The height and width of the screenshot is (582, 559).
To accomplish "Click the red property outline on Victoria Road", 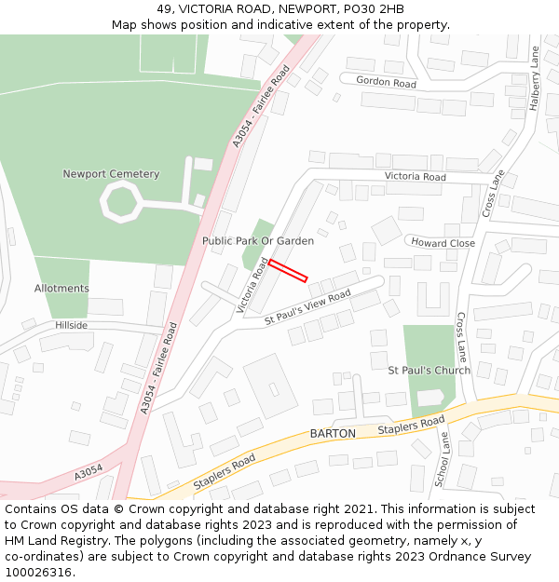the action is point(288,270).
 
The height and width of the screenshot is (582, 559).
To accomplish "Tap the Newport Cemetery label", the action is point(111,174).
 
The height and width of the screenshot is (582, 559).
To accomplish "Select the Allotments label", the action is point(61,289).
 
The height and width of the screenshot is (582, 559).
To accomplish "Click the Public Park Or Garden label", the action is point(258,241).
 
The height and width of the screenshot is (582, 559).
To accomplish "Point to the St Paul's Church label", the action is point(429,371).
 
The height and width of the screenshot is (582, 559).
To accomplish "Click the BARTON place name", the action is point(333,434).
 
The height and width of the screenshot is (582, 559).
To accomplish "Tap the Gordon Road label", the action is point(386,82).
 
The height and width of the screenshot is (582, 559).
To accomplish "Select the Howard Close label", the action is point(443,243).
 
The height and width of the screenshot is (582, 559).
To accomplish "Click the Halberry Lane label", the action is point(535,79).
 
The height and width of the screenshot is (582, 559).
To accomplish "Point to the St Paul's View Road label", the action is point(307,307).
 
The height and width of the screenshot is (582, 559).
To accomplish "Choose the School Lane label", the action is point(442,460).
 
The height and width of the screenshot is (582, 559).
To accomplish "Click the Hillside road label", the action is point(71,326).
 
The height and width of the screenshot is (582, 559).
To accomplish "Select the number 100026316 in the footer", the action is point(37,573).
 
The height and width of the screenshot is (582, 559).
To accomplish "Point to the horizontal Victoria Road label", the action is point(416,177).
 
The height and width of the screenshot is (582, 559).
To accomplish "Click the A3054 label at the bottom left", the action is point(89,474).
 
